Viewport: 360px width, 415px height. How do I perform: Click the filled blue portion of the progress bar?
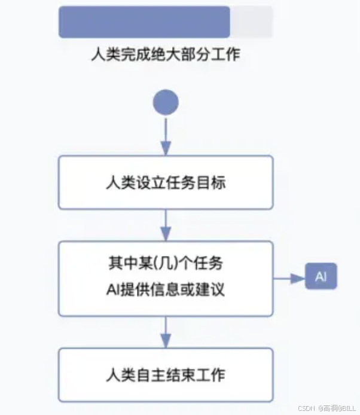[x=144, y=22]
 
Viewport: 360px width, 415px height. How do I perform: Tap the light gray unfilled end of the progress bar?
[x=251, y=22]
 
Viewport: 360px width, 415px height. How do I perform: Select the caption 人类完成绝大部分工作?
[x=166, y=56]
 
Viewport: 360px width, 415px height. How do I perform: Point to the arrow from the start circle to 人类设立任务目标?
[x=166, y=135]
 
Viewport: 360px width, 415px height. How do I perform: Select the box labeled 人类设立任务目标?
[x=166, y=182]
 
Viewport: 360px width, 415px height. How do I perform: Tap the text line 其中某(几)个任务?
[x=166, y=264]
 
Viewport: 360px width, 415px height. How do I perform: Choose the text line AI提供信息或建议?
[x=166, y=291]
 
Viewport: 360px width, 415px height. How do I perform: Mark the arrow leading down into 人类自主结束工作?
[x=166, y=331]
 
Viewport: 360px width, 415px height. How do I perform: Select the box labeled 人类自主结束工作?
[x=166, y=375]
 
